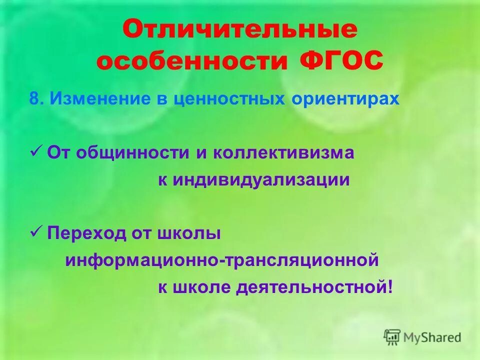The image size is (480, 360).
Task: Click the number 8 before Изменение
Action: coord(33,98)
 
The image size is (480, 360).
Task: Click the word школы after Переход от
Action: coord(189,233)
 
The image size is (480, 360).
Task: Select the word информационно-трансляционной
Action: coord(220,260)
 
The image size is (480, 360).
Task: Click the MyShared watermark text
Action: coord(433,337)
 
